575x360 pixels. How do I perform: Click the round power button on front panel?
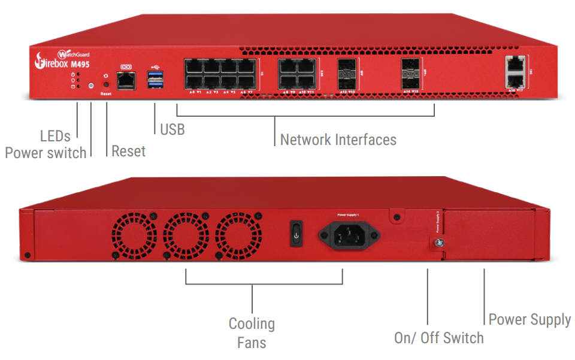coord(91,86)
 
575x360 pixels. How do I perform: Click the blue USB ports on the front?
coord(155,80)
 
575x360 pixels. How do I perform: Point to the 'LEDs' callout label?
coord(55,136)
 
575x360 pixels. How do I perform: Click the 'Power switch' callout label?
coord(46,153)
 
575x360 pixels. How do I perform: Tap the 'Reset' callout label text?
coord(128,151)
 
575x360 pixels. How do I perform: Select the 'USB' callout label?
coord(172,129)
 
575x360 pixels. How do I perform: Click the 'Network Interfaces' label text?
coord(338,140)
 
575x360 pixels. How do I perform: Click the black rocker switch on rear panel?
coord(295,234)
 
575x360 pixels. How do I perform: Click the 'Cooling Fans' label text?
coord(252,333)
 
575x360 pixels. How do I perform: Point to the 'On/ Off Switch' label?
coord(438,338)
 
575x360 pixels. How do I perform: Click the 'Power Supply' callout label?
coord(529,319)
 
